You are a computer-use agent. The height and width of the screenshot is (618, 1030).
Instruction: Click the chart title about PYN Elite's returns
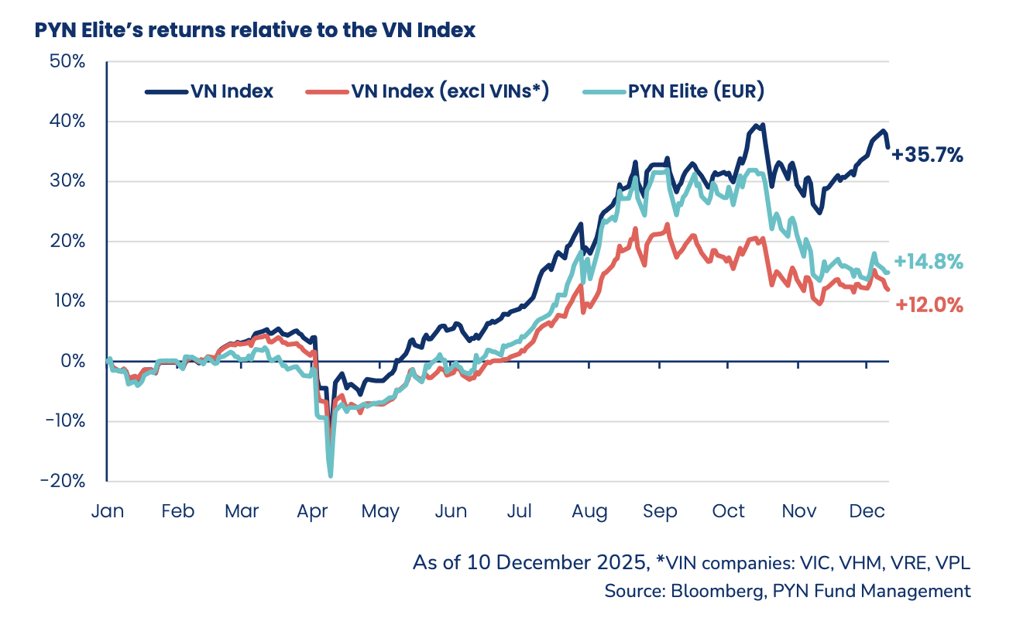pyautogui.click(x=255, y=31)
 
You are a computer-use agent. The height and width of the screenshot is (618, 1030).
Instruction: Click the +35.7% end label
pyautogui.click(x=927, y=155)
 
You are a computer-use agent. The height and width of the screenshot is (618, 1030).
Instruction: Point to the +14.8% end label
pyautogui.click(x=928, y=262)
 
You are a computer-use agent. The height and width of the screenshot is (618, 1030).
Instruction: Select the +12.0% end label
pyautogui.click(x=929, y=305)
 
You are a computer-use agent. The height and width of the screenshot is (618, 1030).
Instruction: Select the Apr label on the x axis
pyautogui.click(x=311, y=511)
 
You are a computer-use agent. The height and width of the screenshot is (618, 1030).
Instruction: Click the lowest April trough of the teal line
pyautogui.click(x=331, y=476)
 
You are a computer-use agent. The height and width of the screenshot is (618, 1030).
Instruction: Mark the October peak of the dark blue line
pyautogui.click(x=763, y=125)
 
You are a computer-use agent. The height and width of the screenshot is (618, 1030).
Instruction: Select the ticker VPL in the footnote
pyautogui.click(x=953, y=563)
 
